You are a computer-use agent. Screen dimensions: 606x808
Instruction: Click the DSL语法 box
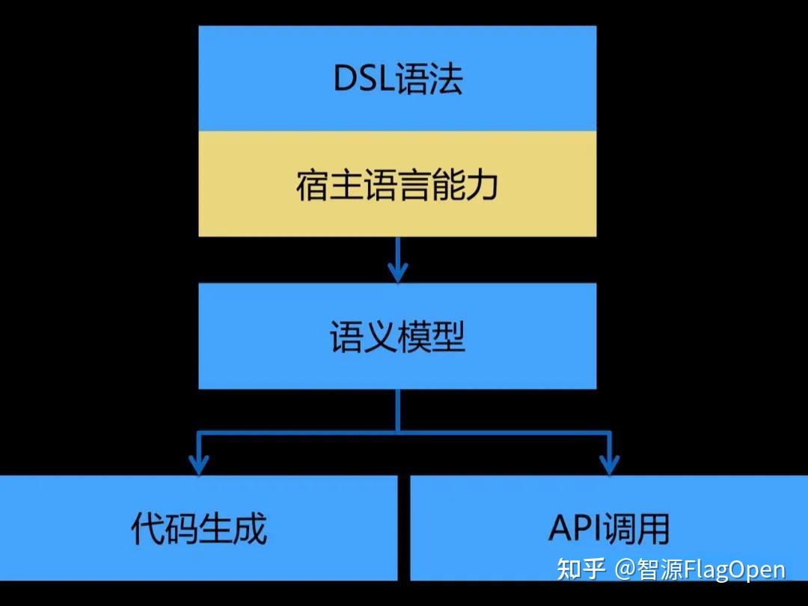(x=397, y=79)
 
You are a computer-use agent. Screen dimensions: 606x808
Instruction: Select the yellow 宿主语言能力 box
(x=397, y=184)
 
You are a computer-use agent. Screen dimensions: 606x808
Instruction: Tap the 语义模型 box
(x=397, y=336)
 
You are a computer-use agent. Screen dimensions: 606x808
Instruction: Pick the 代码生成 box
(x=198, y=528)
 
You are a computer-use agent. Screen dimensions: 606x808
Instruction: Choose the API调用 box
(x=608, y=528)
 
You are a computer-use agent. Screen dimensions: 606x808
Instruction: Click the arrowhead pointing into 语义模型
(x=397, y=272)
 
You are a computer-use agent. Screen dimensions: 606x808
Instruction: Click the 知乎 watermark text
(x=581, y=569)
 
